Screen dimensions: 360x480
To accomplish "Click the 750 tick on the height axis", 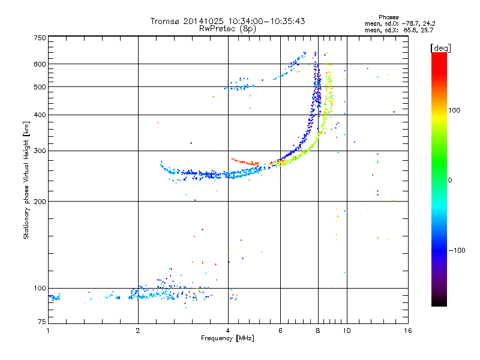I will click(x=40, y=37).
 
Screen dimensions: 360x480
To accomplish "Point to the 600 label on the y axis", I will click(x=40, y=64).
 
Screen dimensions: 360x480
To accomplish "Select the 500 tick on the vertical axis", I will click(x=40, y=86).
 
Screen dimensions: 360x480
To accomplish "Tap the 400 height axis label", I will click(x=40, y=115).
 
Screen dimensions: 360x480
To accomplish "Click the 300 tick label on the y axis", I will click(x=40, y=151).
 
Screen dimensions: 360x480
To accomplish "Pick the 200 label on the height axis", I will click(x=40, y=201).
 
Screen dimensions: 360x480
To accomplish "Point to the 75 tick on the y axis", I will click(x=41, y=323).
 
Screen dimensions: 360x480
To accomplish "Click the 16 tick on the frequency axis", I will click(x=406, y=331).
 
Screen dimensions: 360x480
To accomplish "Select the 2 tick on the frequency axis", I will click(x=138, y=331).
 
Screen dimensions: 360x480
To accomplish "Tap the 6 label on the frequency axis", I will click(x=280, y=331).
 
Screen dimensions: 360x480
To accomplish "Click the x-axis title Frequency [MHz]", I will click(x=227, y=338).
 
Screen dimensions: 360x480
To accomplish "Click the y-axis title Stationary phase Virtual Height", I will click(x=26, y=180).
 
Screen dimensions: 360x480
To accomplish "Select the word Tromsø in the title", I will click(x=164, y=21).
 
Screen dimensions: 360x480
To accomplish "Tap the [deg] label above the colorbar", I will click(x=441, y=47).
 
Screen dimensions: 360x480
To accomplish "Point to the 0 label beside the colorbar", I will click(x=451, y=180).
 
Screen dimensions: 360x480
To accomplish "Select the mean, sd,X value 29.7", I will click(x=427, y=29).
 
